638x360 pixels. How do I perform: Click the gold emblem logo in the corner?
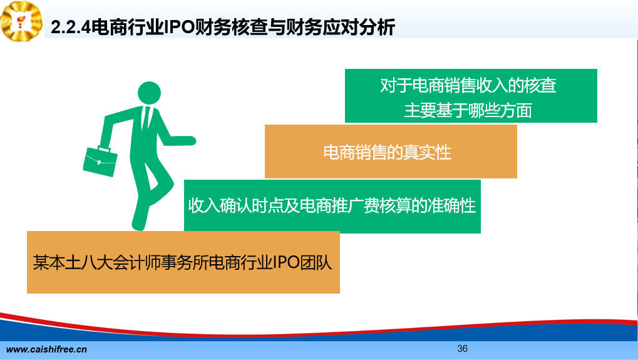[21, 21]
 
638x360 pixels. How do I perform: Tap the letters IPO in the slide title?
[178, 28]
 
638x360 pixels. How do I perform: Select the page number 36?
[462, 349]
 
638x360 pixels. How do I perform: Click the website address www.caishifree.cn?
[46, 349]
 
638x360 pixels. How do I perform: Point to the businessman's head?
[150, 93]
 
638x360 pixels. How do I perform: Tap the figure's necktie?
[146, 118]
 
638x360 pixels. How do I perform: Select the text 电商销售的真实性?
[388, 153]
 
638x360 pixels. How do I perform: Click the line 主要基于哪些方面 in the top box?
[468, 110]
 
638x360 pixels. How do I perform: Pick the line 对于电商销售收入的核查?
[468, 85]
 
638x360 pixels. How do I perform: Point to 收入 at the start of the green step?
[204, 206]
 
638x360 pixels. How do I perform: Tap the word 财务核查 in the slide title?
[230, 28]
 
